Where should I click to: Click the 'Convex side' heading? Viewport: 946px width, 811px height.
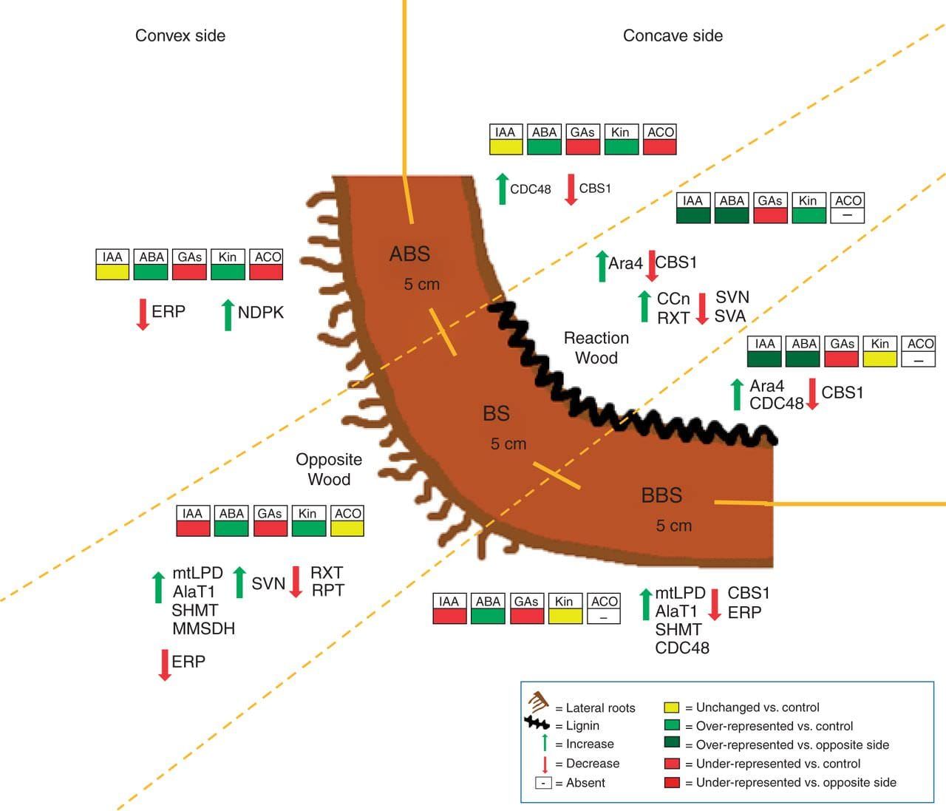[x=180, y=35]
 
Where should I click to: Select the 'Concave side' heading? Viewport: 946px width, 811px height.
[x=673, y=35]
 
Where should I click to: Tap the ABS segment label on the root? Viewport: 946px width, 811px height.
[x=409, y=254]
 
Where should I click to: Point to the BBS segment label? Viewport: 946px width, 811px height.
[x=661, y=495]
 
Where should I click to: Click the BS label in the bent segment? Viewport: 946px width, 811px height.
[x=496, y=413]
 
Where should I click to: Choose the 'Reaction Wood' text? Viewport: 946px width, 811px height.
[x=596, y=348]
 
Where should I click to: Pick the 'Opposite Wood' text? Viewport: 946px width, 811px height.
[x=329, y=469]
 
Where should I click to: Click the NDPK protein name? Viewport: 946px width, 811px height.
[x=260, y=313]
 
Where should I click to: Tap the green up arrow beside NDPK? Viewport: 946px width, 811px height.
[x=228, y=314]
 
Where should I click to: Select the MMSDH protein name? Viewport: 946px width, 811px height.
[x=203, y=629]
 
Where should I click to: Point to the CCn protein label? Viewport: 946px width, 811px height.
[x=673, y=299]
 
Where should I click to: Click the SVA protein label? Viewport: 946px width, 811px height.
[x=729, y=316]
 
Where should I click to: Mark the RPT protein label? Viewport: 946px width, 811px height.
[x=327, y=591]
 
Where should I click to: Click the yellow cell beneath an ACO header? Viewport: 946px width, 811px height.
[x=347, y=528]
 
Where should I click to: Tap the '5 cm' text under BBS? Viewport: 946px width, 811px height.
[x=673, y=526]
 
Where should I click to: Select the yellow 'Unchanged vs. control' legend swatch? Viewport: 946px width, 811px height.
[x=671, y=707]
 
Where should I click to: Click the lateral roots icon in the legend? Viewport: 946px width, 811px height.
[x=538, y=702]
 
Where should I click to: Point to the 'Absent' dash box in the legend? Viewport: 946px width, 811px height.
[x=543, y=783]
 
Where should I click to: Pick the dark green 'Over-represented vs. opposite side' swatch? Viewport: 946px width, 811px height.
[x=671, y=744]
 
